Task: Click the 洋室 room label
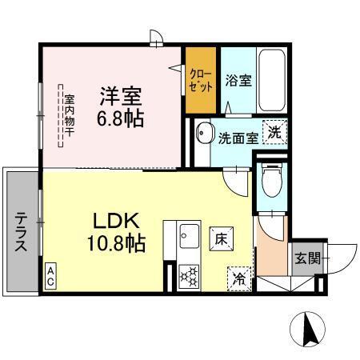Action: (x=120, y=98)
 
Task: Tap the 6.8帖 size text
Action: (x=120, y=119)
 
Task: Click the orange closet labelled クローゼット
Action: (x=201, y=81)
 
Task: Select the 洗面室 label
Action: (x=237, y=138)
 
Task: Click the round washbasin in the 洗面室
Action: (x=204, y=133)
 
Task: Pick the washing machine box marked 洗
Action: (x=274, y=132)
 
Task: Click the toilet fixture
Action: (x=272, y=180)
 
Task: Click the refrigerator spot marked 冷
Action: (x=239, y=278)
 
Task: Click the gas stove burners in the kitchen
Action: (x=190, y=277)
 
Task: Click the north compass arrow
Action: (x=310, y=329)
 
